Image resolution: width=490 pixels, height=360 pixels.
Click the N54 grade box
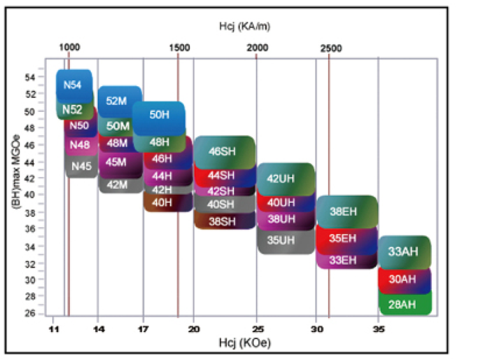[x=73, y=84]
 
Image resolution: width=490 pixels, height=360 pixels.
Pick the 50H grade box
[x=160, y=116]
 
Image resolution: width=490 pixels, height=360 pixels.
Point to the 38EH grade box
[x=344, y=212]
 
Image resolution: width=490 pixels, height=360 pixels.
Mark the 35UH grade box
[x=281, y=240]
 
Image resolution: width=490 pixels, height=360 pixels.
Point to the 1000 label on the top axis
[x=69, y=47]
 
